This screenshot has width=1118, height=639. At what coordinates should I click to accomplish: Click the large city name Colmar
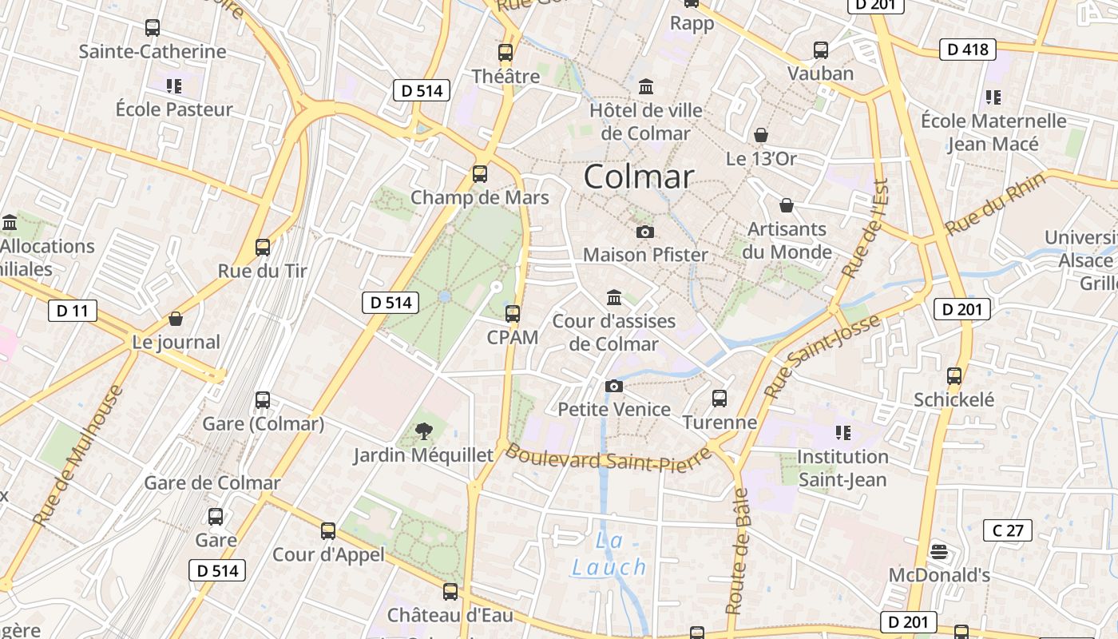point(639,177)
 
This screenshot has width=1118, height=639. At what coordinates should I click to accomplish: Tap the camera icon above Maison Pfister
point(645,232)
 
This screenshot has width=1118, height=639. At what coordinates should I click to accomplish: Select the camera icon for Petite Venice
point(614,387)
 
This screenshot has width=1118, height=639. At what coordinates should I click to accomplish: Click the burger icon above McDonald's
point(939,552)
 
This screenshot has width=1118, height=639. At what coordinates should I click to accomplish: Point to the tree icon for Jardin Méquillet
point(424,432)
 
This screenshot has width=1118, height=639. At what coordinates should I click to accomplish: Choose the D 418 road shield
point(968,50)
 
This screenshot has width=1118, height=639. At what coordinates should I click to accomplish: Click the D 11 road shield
point(72,310)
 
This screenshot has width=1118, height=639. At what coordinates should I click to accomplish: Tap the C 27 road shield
point(1008,530)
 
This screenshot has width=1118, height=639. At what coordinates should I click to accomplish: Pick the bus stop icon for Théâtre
point(505,54)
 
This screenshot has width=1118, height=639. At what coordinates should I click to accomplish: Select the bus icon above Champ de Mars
point(480,173)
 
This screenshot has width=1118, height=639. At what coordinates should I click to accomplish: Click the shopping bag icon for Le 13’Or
point(760,135)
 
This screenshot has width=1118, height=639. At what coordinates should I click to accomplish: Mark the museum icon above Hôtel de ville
point(646,85)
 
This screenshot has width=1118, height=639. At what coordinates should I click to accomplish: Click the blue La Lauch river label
point(609,554)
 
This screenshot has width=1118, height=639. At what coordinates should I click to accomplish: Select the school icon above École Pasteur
point(174,85)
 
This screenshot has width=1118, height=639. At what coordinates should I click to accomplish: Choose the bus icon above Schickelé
point(953,376)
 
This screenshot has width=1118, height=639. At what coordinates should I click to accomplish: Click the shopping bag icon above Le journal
point(176,319)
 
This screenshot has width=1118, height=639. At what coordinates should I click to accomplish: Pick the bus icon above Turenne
point(720,399)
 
